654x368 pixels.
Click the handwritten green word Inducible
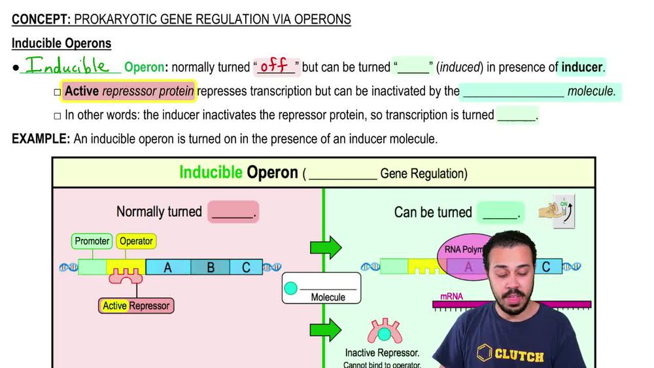(x=67, y=66)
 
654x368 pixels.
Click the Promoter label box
(x=92, y=241)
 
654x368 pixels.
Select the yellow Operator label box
(x=136, y=241)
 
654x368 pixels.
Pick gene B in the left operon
(x=211, y=267)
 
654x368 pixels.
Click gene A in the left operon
(x=168, y=267)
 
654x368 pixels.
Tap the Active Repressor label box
(x=136, y=306)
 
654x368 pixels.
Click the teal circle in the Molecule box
(x=290, y=288)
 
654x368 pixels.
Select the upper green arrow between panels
(x=326, y=248)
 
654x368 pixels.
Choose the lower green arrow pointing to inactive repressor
(x=326, y=329)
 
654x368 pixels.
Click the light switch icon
(x=563, y=212)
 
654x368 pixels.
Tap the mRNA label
(x=451, y=297)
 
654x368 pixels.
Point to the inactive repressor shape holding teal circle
(x=384, y=332)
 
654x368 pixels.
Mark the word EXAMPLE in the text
(x=41, y=139)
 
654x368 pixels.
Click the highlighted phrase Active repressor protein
(x=129, y=91)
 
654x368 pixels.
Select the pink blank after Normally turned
(x=232, y=212)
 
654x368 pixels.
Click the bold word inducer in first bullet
(x=582, y=67)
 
